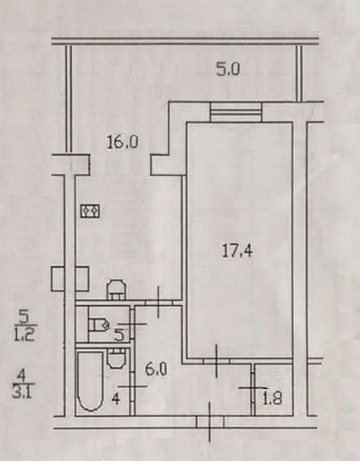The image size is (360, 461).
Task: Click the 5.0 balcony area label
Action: (x=229, y=69)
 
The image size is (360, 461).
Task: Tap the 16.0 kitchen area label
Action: (x=122, y=142)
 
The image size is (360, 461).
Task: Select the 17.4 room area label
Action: (x=237, y=251)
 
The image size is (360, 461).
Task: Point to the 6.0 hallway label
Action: (x=156, y=369)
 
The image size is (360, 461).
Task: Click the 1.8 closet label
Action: (x=273, y=398)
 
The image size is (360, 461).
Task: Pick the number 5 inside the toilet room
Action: (x=119, y=335)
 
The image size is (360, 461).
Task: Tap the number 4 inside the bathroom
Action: (x=116, y=399)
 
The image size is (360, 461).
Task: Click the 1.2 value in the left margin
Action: (x=25, y=334)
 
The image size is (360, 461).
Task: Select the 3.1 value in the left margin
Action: (x=23, y=392)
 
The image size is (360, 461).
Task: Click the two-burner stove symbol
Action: (x=91, y=211)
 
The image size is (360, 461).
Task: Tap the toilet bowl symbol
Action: (x=99, y=325)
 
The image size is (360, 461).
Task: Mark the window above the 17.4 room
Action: (x=236, y=112)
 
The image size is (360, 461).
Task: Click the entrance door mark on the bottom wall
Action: (x=210, y=422)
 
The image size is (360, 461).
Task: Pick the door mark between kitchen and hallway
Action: (x=158, y=303)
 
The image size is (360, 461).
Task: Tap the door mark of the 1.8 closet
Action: (x=253, y=388)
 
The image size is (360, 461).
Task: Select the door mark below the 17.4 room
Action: (x=217, y=361)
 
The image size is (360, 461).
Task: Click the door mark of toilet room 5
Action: (x=132, y=324)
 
